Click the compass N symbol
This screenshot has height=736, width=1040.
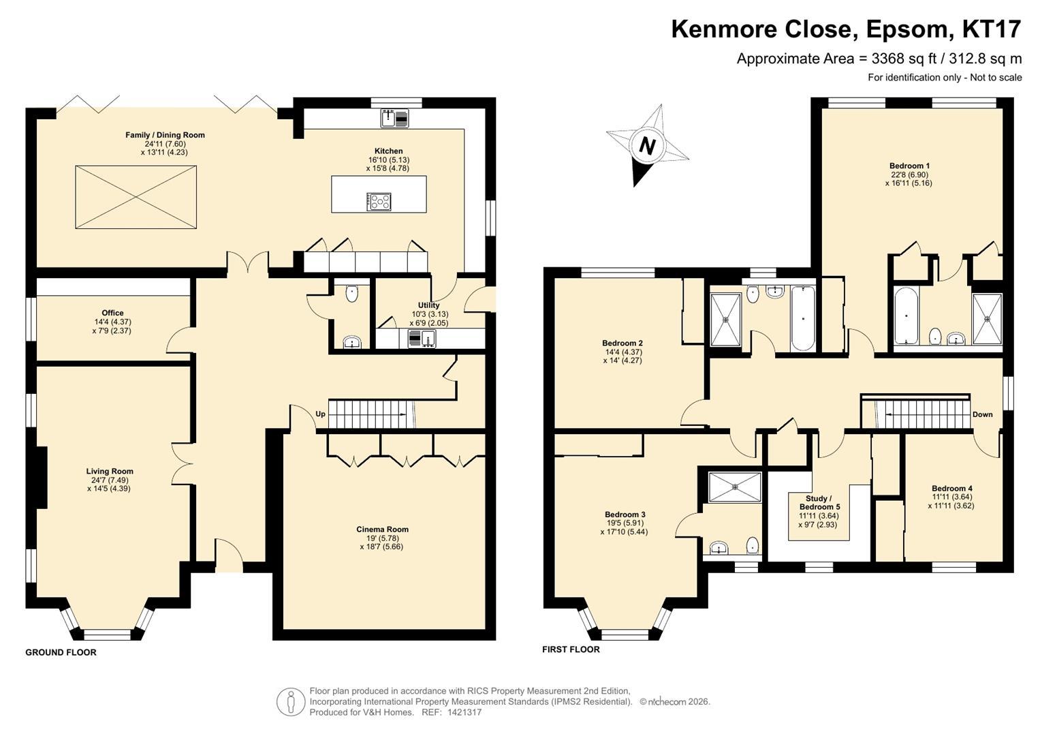(x=647, y=146)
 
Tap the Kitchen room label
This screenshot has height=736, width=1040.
(x=389, y=151)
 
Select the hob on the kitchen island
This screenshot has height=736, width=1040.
(x=379, y=202)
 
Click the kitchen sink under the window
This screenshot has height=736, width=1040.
(x=394, y=118)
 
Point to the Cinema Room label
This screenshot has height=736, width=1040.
(x=382, y=530)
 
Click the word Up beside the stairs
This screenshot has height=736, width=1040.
(x=320, y=414)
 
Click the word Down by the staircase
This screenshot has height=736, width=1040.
(x=982, y=414)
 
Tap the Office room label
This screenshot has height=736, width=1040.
(x=113, y=313)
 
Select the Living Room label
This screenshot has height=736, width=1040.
(x=110, y=471)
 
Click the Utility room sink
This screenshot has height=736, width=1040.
(x=422, y=338)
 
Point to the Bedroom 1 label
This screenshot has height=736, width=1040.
(x=909, y=166)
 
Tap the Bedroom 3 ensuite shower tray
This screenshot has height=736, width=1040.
(x=735, y=487)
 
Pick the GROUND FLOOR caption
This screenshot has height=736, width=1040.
(x=61, y=652)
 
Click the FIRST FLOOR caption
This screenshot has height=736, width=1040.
(x=571, y=649)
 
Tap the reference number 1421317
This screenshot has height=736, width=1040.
(x=464, y=712)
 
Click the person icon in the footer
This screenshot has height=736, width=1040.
(x=291, y=702)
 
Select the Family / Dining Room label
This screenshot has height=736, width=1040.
(x=165, y=135)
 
